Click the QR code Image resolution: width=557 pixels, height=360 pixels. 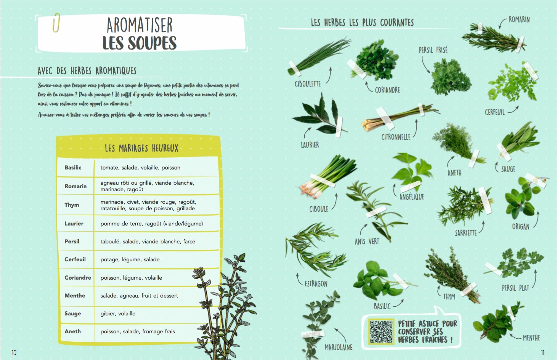381,331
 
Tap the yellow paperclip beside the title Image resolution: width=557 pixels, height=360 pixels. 56,22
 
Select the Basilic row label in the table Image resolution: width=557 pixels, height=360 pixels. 73,168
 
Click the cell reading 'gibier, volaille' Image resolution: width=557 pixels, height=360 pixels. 118,314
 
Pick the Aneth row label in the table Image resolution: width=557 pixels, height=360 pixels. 72,331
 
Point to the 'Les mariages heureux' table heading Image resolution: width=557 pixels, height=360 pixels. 141,148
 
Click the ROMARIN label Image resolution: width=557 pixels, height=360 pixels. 519,19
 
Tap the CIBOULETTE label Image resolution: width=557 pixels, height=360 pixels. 308,84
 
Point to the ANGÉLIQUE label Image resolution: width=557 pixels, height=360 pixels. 412,197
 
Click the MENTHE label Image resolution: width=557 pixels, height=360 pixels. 531,338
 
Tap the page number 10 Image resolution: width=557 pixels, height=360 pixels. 14,352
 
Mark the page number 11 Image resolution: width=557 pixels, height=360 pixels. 543,352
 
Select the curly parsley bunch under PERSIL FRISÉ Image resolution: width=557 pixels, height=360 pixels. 450,77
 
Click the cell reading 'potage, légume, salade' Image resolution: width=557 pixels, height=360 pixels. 130,259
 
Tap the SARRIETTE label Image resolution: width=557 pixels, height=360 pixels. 466,233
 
